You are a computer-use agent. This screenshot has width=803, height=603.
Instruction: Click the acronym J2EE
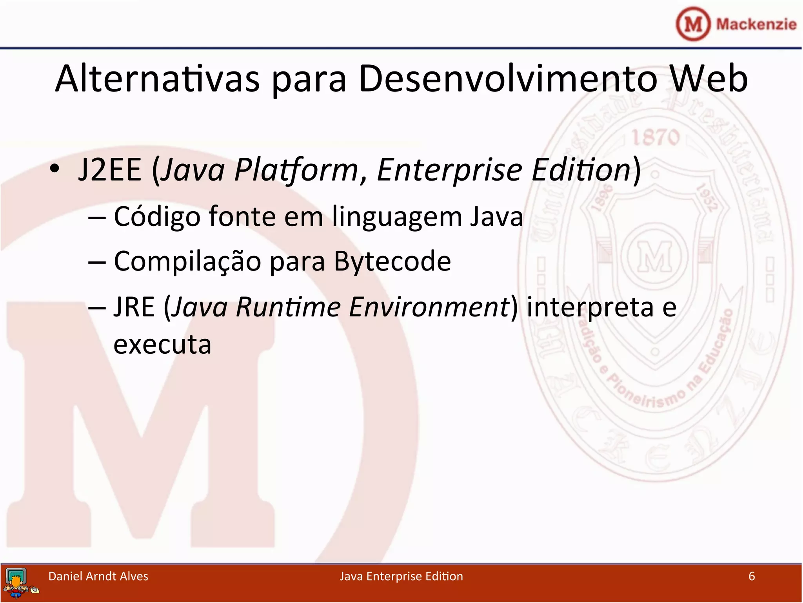[x=109, y=170]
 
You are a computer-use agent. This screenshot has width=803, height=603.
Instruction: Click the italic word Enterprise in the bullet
[x=449, y=170]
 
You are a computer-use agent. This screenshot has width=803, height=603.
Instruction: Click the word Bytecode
[x=392, y=261]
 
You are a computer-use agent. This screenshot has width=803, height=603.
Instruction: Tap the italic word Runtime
[x=288, y=307]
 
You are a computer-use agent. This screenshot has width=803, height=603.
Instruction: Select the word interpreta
[x=590, y=307]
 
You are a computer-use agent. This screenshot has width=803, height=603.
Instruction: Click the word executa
[x=162, y=345]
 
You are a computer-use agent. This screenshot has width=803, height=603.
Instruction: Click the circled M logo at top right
[x=693, y=24]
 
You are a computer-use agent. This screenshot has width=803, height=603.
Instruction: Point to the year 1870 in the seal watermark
[x=655, y=138]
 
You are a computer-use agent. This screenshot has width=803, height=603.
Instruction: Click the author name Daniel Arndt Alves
[x=98, y=576]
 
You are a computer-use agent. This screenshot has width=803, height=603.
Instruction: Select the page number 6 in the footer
[x=751, y=576]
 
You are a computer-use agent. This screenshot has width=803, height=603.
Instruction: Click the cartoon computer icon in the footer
[x=18, y=583]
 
